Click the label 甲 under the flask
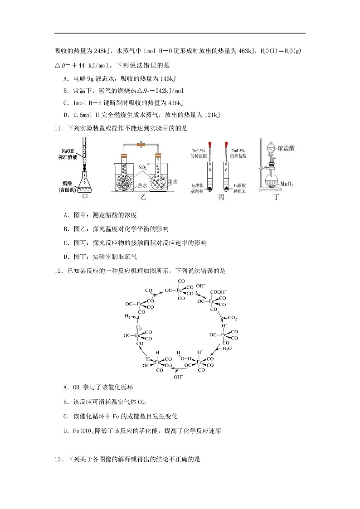click(85, 197)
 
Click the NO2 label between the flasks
click(143, 167)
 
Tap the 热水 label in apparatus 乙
click(142, 185)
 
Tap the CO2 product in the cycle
click(232, 318)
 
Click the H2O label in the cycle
click(227, 349)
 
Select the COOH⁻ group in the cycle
click(219, 292)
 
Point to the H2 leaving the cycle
click(128, 316)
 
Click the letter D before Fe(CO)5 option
click(66, 431)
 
